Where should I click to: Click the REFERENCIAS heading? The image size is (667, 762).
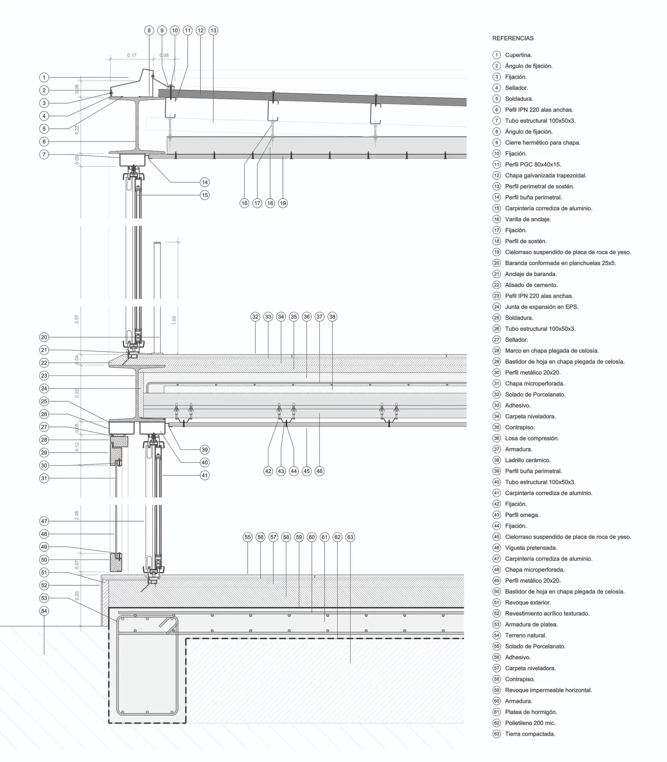coord(512,38)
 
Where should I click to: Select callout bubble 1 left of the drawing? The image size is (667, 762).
coord(44,77)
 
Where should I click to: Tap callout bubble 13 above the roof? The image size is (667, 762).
coord(213,30)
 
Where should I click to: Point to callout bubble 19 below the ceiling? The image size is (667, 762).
coord(283,203)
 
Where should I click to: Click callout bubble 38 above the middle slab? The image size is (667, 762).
coord(332,317)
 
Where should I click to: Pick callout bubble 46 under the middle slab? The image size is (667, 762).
coord(319,471)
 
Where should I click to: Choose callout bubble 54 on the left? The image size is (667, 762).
coord(44,611)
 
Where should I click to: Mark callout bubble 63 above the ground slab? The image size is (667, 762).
coord(350,537)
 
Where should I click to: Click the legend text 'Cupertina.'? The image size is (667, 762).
coord(518,55)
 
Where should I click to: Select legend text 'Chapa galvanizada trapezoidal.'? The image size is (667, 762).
coord(546,176)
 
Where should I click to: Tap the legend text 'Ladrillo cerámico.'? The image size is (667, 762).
coord(528,460)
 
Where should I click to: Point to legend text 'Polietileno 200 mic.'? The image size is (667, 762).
coord(530,723)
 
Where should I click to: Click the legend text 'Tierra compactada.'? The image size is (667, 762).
coord(530,734)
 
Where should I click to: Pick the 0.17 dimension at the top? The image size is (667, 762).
coord(132,55)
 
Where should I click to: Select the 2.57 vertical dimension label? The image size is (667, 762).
coord(77,319)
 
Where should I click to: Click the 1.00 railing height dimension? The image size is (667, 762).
coord(174,320)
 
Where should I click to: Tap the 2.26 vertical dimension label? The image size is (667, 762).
coord(77,515)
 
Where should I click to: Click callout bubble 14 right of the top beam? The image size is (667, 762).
coord(205,182)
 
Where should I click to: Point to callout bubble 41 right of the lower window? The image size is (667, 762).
coord(205,475)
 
